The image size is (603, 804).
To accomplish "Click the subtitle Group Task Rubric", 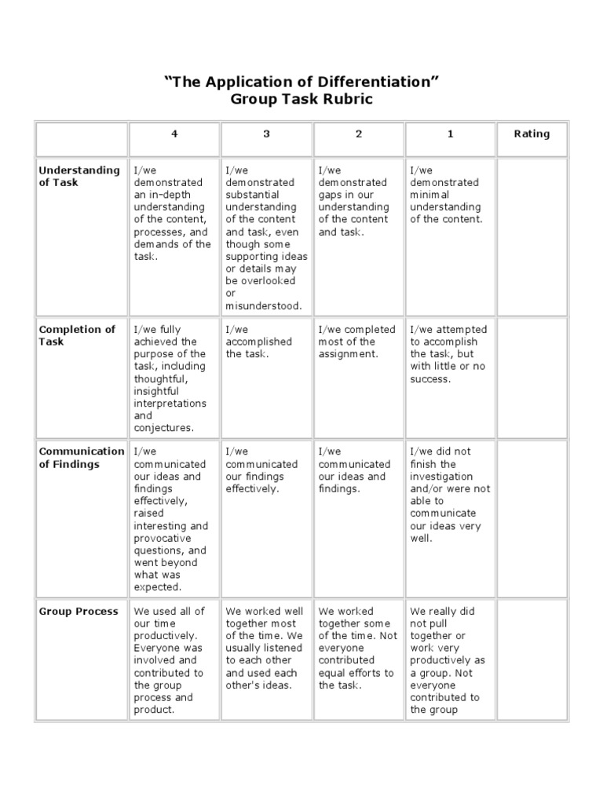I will [x=301, y=100].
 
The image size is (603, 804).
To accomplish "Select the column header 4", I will [x=174, y=134].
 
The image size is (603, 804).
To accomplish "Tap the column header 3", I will [x=266, y=134].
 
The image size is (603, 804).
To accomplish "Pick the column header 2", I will [x=359, y=134].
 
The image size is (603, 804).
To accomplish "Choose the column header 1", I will [x=451, y=134].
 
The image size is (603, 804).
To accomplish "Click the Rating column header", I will [x=532, y=134].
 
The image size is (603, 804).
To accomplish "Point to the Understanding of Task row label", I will [x=79, y=176].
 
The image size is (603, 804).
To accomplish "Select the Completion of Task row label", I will [x=77, y=335].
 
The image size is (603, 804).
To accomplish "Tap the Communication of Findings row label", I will [x=82, y=458].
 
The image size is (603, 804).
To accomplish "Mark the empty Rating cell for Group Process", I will [x=532, y=660].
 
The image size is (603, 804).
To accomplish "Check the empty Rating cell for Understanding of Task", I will [x=532, y=236].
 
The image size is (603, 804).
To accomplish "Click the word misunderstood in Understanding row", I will [x=263, y=306].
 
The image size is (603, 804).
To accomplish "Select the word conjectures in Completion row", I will [x=163, y=428].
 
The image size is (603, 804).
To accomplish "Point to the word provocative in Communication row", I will [x=163, y=539].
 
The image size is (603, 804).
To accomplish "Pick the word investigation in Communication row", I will [x=441, y=477].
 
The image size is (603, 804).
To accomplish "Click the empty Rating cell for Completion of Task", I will [x=532, y=377].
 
